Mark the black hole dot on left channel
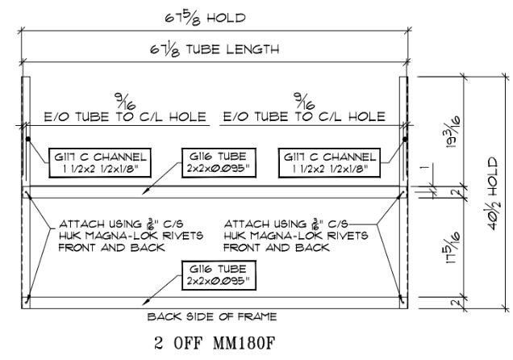click(28, 139)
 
